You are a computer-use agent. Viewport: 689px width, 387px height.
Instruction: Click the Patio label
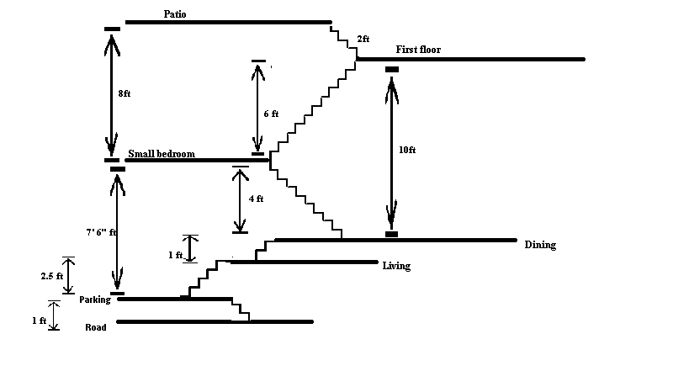pos(178,13)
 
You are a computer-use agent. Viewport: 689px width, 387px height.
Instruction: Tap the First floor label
pos(418,50)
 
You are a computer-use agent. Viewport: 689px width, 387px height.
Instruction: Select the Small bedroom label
pos(162,154)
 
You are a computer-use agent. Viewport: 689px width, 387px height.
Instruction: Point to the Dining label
pos(540,246)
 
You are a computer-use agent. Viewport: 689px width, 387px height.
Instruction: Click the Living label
pos(396,267)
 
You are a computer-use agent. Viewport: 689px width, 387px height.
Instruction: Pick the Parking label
pos(95,300)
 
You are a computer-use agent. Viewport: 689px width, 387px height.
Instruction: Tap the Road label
pos(95,327)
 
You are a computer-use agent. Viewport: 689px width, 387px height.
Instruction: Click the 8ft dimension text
pos(125,93)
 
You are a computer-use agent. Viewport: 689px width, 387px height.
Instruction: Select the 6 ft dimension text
pos(271,113)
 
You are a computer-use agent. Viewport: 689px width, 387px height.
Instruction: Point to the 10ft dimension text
pos(407,150)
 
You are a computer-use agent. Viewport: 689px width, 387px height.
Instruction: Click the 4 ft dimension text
pos(256,199)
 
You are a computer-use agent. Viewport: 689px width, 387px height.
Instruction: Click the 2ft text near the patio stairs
pos(363,39)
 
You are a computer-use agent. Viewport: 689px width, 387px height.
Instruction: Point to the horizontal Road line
pos(215,321)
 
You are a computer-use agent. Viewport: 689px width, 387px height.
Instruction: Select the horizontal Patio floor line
pos(227,22)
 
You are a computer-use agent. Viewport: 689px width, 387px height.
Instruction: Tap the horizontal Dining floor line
pos(395,240)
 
